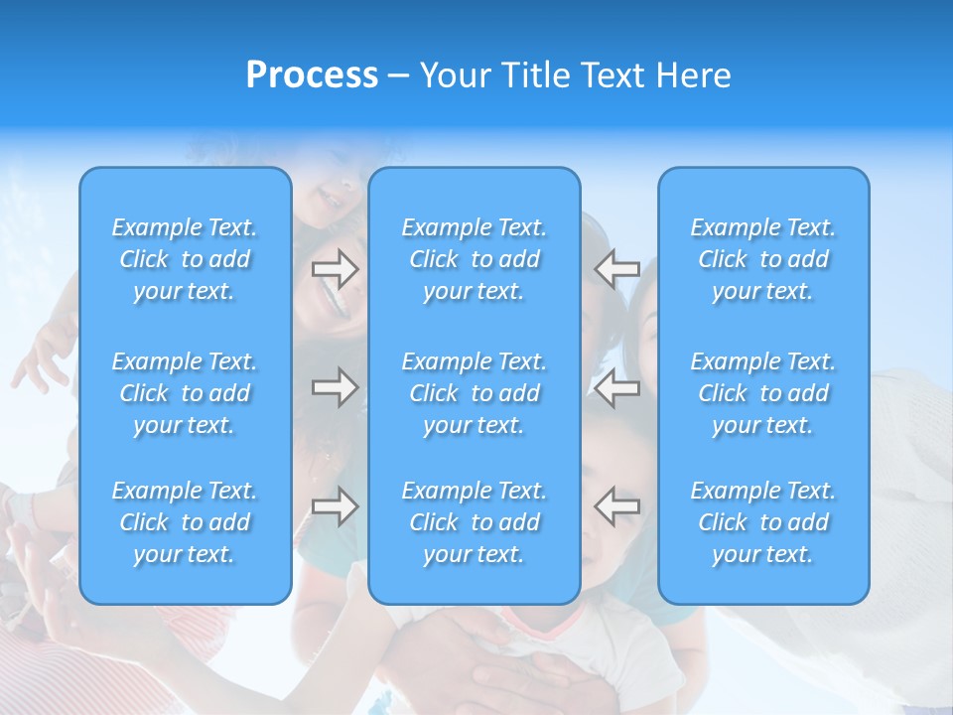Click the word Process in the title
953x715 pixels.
[312, 75]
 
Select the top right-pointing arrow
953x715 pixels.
[335, 268]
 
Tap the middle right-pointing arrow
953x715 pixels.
[335, 386]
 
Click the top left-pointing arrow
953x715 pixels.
[616, 268]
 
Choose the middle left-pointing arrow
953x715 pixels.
[616, 386]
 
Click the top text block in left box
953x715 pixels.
[185, 259]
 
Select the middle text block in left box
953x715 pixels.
[185, 393]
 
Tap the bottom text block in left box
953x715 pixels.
[185, 522]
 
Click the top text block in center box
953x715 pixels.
[475, 259]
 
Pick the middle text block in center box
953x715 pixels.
[475, 393]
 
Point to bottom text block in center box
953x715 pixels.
[475, 522]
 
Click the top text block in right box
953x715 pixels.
[763, 259]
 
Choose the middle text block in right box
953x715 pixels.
[763, 393]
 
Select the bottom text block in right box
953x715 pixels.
[763, 522]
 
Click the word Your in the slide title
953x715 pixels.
[457, 75]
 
